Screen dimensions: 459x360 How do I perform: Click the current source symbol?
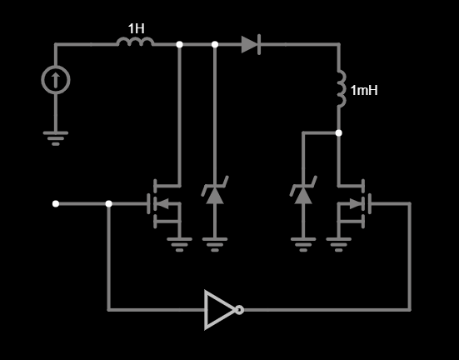pos(56,80)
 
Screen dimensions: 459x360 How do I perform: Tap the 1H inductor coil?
pos(135,42)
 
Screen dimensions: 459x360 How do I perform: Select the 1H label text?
pos(136,28)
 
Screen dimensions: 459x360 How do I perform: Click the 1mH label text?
pos(364,90)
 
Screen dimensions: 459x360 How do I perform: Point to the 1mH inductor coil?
pos(342,88)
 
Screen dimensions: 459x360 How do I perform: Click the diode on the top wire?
pos(251,44)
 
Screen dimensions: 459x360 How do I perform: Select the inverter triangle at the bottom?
pos(221,310)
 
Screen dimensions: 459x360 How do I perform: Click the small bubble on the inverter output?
pos(239,310)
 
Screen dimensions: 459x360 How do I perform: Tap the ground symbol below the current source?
pos(56,138)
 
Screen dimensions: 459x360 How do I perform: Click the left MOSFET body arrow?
pos(162,203)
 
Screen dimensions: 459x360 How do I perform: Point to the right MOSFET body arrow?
pos(356,203)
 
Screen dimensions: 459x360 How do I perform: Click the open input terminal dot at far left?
pos(56,203)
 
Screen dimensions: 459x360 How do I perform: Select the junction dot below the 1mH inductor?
pos(339,133)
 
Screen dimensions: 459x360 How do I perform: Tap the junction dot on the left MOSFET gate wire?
pos(108,203)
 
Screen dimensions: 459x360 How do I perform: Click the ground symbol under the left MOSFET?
pos(179,245)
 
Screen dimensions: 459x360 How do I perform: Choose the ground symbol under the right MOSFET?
pos(339,245)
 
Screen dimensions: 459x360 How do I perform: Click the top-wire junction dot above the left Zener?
pos(215,44)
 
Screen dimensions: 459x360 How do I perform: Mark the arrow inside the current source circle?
pos(56,81)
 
